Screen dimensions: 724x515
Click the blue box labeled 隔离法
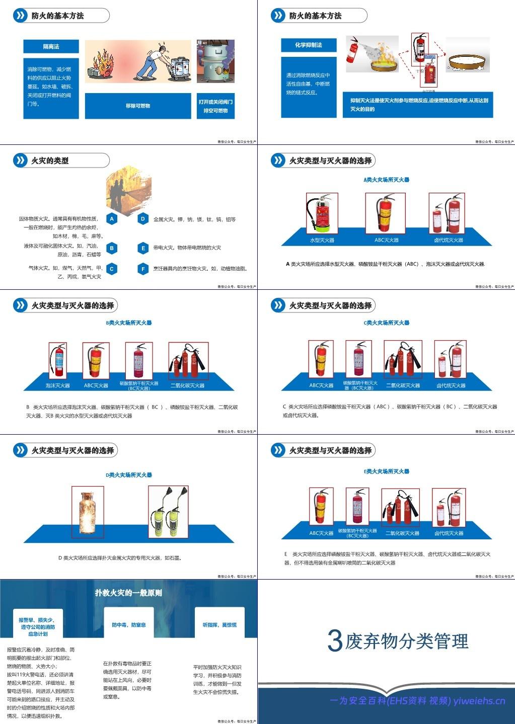(51, 46)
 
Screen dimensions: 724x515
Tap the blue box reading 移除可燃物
(138, 106)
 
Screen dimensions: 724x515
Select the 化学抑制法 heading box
(308, 45)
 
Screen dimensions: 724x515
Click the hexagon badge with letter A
(112, 219)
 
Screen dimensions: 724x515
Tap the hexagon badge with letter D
(143, 219)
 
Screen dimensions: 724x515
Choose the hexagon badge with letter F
(143, 269)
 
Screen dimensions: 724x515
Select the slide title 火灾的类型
(50, 160)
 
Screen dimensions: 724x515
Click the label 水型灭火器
(322, 240)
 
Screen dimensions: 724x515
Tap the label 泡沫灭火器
(57, 385)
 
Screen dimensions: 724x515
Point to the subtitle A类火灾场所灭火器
(386, 180)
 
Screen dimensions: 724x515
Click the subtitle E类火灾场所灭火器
(386, 471)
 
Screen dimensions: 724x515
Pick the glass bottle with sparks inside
(88, 512)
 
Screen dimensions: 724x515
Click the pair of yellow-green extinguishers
(168, 512)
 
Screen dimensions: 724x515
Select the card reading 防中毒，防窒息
(128, 625)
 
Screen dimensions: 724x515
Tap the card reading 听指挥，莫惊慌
(219, 625)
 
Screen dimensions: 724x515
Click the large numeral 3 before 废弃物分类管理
(335, 640)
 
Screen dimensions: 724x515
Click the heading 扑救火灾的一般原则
(128, 593)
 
